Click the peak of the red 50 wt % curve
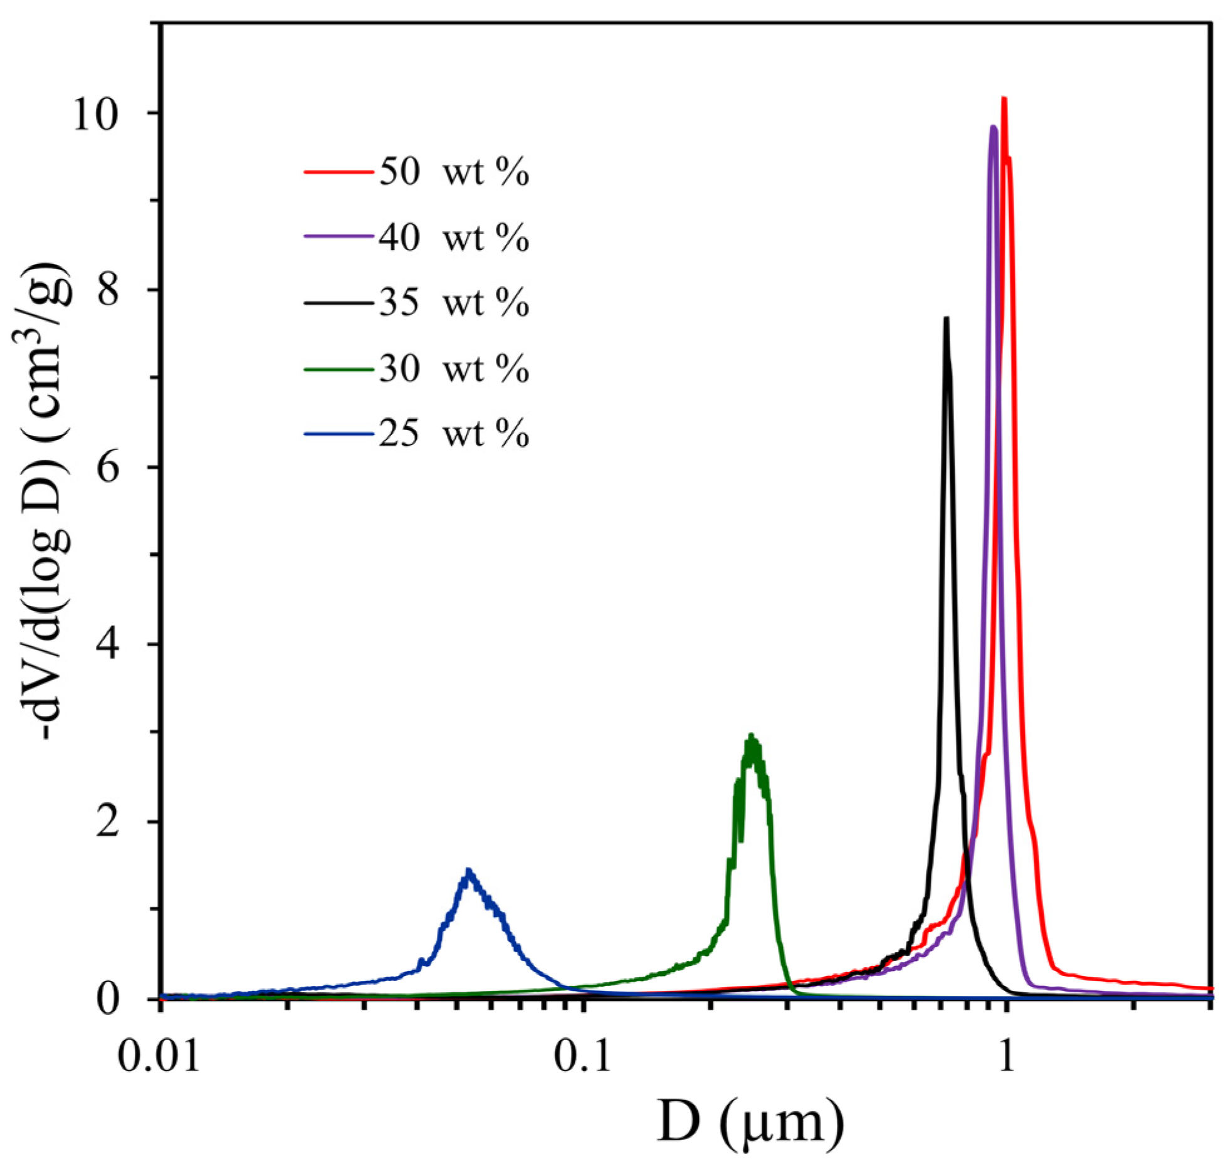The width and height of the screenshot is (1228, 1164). [1004, 99]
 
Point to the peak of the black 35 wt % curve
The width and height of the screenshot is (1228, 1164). [947, 318]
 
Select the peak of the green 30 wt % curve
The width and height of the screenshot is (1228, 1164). [750, 735]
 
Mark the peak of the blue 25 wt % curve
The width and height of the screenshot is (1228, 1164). [468, 870]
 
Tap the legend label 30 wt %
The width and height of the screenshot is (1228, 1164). [454, 368]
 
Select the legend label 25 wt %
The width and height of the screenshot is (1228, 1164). [454, 433]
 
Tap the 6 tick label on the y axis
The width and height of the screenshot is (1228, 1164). [110, 469]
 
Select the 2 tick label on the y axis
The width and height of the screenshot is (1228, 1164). [110, 823]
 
